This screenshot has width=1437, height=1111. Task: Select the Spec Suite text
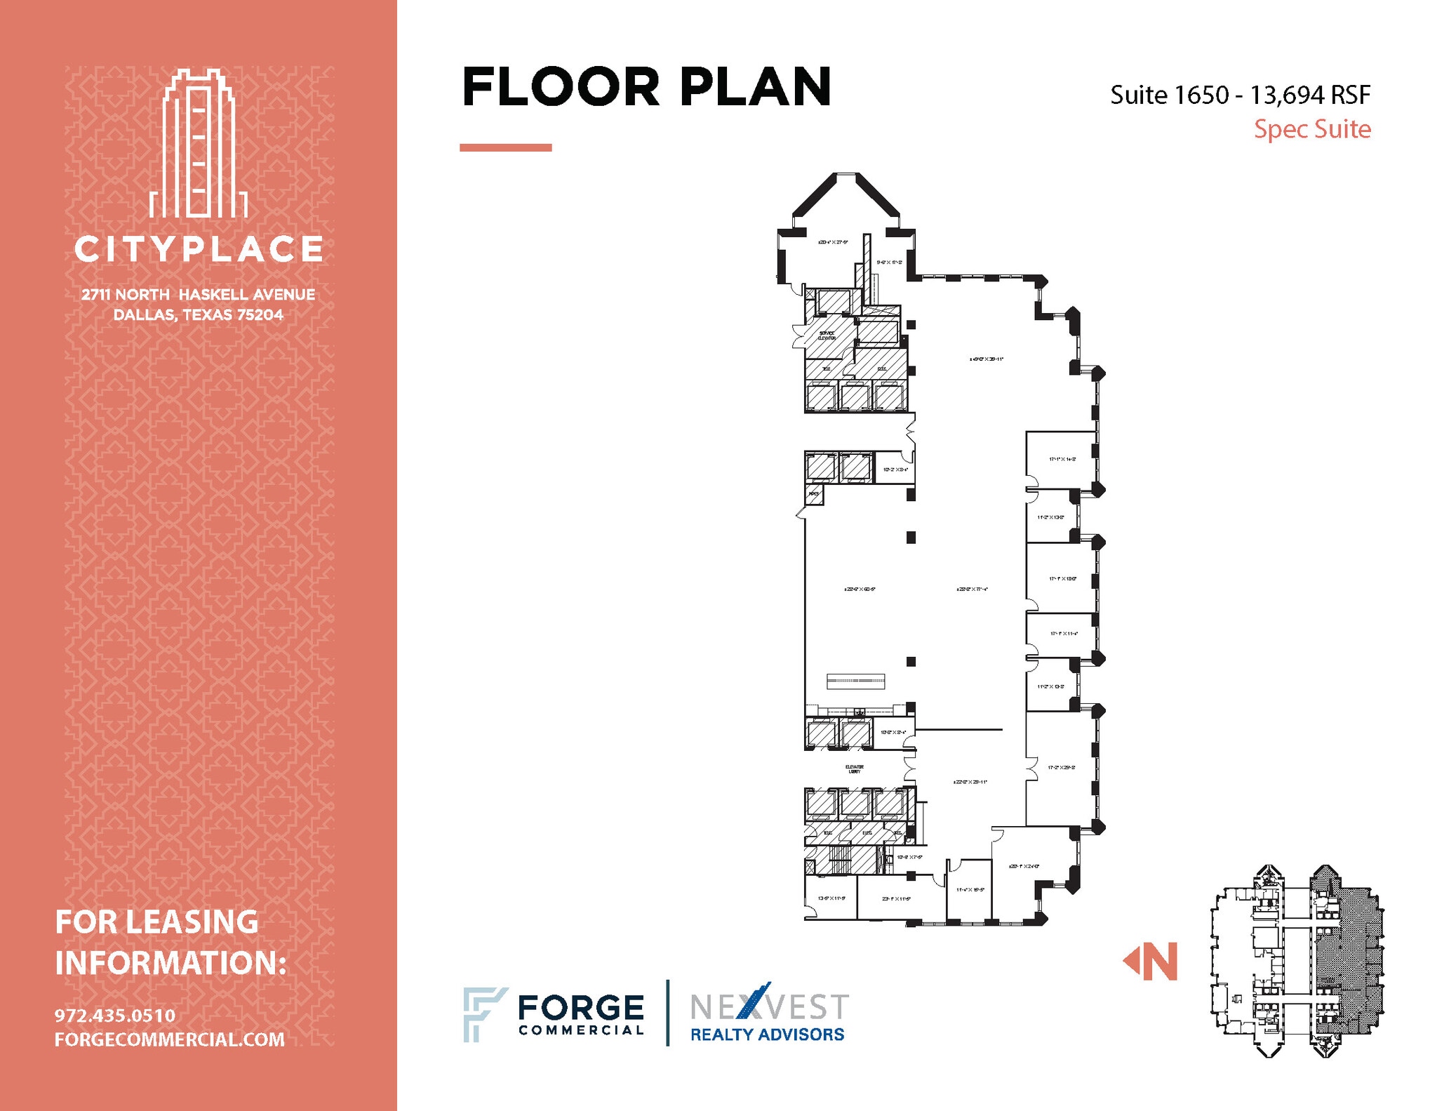click(1311, 129)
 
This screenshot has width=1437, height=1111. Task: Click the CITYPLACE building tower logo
click(199, 144)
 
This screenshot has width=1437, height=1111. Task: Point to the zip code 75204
click(259, 314)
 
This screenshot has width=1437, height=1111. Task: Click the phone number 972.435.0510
click(115, 1015)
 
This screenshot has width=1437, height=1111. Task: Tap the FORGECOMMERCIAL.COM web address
click(170, 1039)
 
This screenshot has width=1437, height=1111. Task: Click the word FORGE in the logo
click(580, 1008)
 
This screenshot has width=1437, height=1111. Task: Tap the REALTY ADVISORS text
click(767, 1034)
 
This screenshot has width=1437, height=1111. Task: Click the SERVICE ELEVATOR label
click(827, 335)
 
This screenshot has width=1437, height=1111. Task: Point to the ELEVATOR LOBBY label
click(854, 769)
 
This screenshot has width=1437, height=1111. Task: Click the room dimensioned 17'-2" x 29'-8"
click(1061, 767)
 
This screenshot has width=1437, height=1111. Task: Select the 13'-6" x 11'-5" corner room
click(831, 898)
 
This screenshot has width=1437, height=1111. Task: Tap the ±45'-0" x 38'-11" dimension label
click(987, 359)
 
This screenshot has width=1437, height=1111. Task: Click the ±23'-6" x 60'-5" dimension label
click(859, 590)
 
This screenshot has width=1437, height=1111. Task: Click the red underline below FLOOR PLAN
click(505, 147)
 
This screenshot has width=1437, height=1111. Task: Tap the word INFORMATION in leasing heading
click(171, 962)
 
